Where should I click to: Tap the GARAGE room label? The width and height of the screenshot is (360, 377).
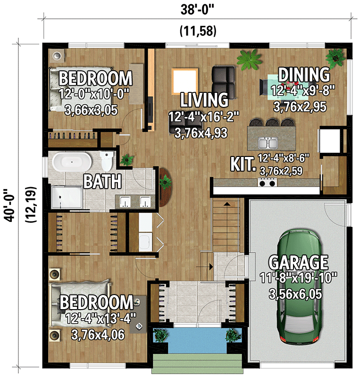click(298, 262)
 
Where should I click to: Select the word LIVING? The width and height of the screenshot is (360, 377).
click(205, 100)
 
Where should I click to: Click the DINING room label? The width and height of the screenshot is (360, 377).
click(303, 74)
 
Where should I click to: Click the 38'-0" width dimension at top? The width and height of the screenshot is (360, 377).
click(198, 10)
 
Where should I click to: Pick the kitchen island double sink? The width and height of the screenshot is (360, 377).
click(267, 143)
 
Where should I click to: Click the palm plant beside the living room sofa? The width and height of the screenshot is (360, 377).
click(249, 60)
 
